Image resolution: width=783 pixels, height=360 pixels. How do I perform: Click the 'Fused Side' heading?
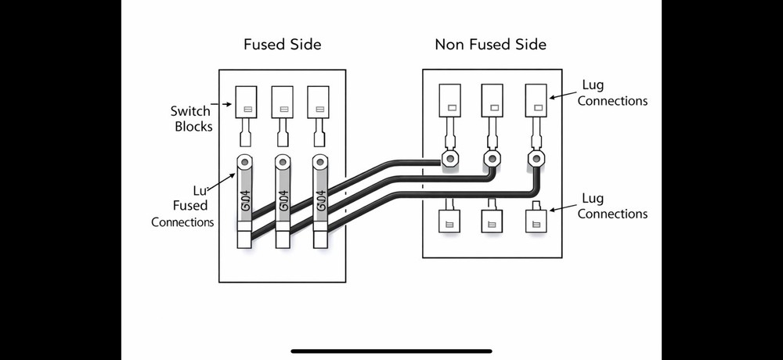tap(282, 45)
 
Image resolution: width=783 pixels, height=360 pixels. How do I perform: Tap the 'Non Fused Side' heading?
tap(490, 45)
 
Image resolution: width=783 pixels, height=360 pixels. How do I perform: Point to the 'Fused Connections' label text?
tap(182, 207)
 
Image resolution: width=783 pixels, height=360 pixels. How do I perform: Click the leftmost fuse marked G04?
tap(244, 201)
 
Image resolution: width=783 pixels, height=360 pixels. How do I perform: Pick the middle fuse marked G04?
tap(282, 201)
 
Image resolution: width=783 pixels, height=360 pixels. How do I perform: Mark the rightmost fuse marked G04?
tap(319, 201)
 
